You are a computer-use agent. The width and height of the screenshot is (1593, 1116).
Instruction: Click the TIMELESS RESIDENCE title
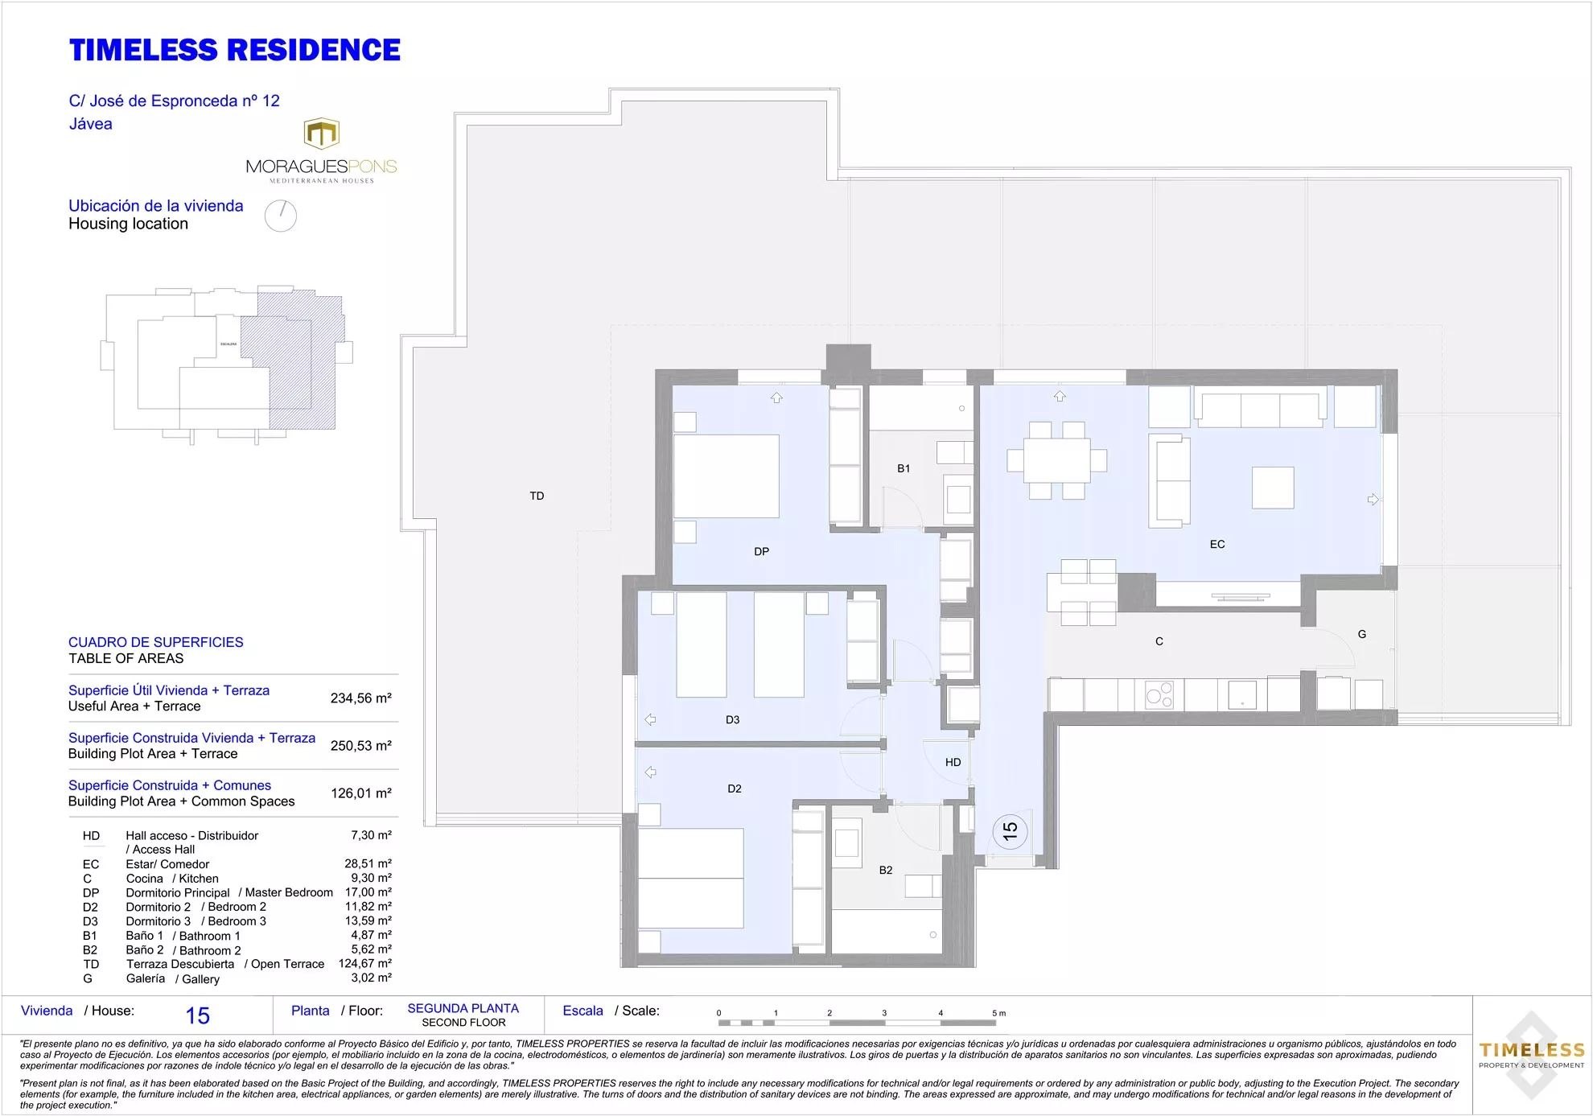[x=234, y=50]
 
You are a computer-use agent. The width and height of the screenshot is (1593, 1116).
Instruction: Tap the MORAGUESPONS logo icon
[x=321, y=134]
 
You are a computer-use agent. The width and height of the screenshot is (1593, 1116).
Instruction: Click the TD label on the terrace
[x=537, y=496]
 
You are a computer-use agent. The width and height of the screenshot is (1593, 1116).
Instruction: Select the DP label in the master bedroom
[x=761, y=552]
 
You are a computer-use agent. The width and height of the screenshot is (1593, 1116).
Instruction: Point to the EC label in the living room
[x=1216, y=545]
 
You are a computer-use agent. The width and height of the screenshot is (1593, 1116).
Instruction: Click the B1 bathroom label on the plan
[x=904, y=468]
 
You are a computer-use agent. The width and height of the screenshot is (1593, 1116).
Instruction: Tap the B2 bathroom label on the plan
[x=885, y=870]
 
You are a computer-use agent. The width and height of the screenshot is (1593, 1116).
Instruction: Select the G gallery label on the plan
[x=1361, y=634]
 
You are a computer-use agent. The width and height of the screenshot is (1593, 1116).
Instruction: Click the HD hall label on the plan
[x=953, y=762]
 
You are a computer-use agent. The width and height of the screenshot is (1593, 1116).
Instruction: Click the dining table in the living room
[x=1056, y=460]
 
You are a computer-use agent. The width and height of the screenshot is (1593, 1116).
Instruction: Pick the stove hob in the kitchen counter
[x=1159, y=694]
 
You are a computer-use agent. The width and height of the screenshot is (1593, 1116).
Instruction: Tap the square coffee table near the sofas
[x=1272, y=488]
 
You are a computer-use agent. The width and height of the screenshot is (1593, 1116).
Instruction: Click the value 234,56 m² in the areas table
[x=360, y=698]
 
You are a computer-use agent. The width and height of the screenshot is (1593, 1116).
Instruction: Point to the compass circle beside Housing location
[x=281, y=216]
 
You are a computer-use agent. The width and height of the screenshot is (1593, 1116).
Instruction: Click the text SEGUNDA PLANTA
[x=463, y=1008]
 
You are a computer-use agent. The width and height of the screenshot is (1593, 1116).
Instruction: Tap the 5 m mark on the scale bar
[x=998, y=1013]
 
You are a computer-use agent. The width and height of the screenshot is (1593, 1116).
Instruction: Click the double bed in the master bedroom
[x=726, y=476]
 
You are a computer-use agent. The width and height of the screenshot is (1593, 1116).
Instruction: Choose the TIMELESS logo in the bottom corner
[x=1531, y=1055]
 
